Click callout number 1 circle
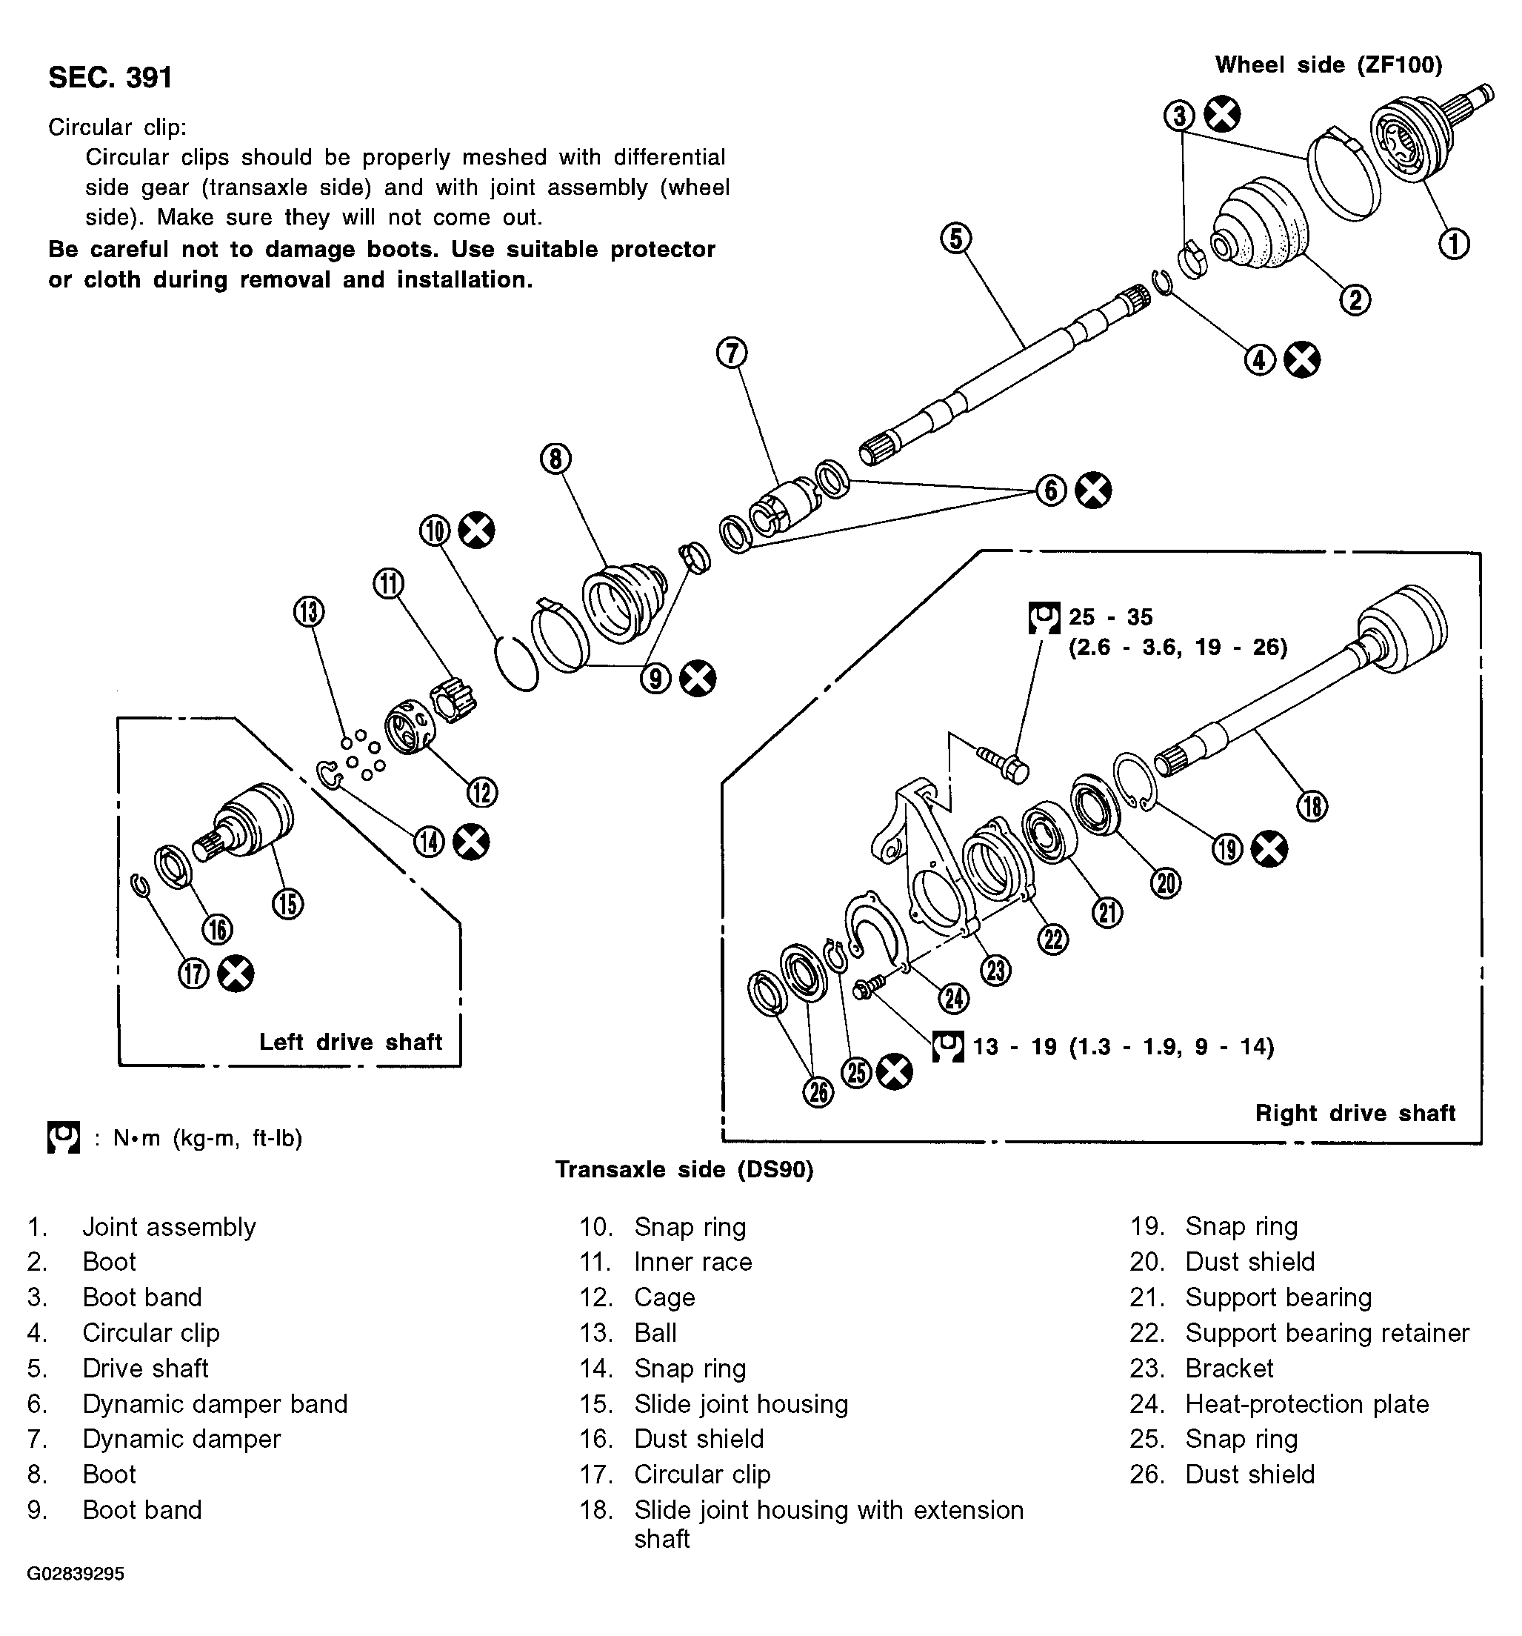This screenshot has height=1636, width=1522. tap(1454, 244)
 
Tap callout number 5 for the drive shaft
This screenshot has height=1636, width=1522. tap(955, 239)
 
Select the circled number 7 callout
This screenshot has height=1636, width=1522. tap(732, 353)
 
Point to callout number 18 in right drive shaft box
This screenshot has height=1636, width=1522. tap(1312, 805)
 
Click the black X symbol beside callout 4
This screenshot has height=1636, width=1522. tap(1302, 359)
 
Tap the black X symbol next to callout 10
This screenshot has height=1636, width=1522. tap(476, 530)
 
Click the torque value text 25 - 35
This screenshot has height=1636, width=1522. tap(1111, 616)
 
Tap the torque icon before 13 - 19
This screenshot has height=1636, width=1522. tap(948, 1047)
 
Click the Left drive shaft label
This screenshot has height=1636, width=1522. tap(350, 1042)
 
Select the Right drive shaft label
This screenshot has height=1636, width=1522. tap(1355, 1114)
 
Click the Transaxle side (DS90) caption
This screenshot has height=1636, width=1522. tap(684, 1169)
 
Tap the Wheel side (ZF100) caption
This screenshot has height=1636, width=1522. tap(1329, 65)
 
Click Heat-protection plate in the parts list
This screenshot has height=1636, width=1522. tap(1307, 1404)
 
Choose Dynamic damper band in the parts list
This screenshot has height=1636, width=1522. tap(215, 1404)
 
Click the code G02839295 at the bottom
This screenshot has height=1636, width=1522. tap(76, 1575)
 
